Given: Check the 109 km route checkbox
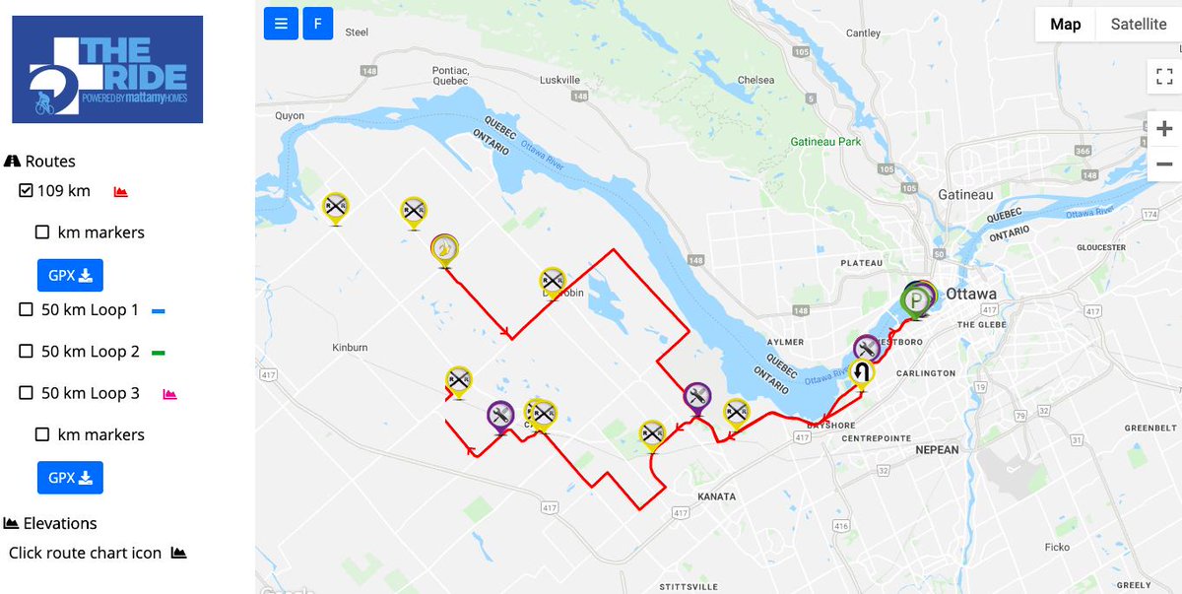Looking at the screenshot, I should tap(27, 190).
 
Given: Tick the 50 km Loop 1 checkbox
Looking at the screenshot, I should tap(27, 309).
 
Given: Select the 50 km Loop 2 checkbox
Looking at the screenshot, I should tap(27, 352).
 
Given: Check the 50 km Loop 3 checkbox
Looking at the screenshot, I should tap(27, 393).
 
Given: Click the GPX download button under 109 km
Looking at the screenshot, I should tap(70, 275).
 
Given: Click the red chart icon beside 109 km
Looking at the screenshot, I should tap(121, 191).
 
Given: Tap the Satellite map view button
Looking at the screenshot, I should tap(1138, 25).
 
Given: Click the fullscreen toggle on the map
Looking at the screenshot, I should tap(1163, 77).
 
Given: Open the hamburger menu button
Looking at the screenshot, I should tap(281, 24).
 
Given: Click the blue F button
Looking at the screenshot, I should tap(317, 24).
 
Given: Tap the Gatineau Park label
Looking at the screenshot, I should tap(825, 142).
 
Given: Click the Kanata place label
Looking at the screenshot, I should tap(715, 496).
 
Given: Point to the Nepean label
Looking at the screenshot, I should tap(936, 450).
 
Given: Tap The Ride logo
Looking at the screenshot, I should tap(106, 69).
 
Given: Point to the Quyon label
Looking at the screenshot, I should tap(290, 115).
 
